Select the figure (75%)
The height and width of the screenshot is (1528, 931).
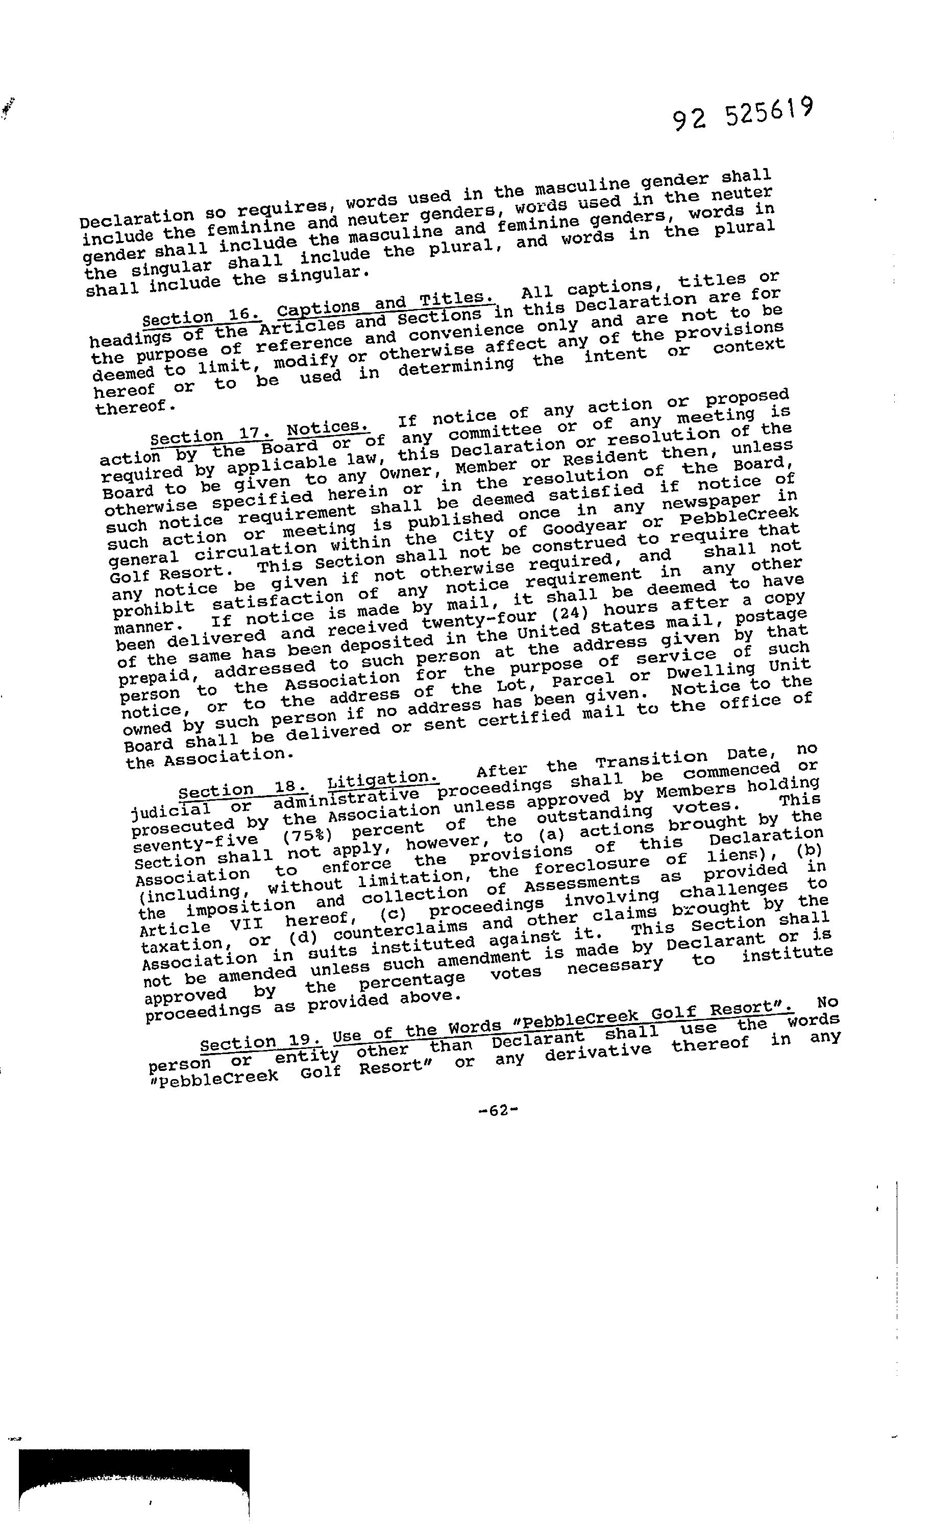pos(306,836)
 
